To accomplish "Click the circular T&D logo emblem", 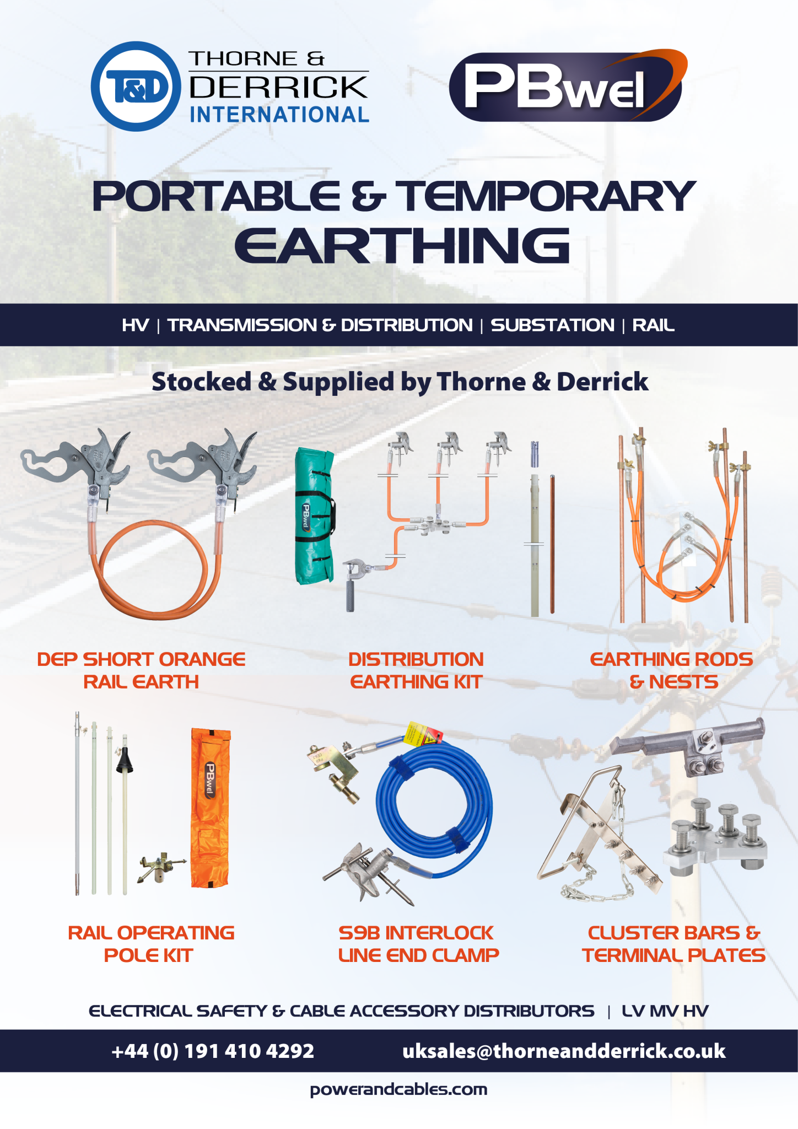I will (x=136, y=87).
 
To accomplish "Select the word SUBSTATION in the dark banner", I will (x=552, y=325).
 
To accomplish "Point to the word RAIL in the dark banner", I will (x=653, y=325).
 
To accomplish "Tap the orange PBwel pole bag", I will (x=211, y=808).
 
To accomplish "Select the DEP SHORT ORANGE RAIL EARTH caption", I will (x=141, y=670).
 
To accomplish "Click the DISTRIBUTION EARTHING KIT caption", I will (x=416, y=670).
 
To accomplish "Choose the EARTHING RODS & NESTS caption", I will (x=672, y=670).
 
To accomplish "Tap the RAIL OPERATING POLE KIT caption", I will (x=150, y=944).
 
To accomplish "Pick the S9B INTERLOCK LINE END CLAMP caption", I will (x=418, y=944).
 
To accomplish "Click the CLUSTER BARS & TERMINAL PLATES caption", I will (x=673, y=944).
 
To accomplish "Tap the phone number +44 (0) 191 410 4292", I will (x=213, y=1051).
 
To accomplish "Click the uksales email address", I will (x=564, y=1051).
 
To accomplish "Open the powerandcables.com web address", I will (x=398, y=1089).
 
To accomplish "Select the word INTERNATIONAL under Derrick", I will (x=279, y=115).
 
